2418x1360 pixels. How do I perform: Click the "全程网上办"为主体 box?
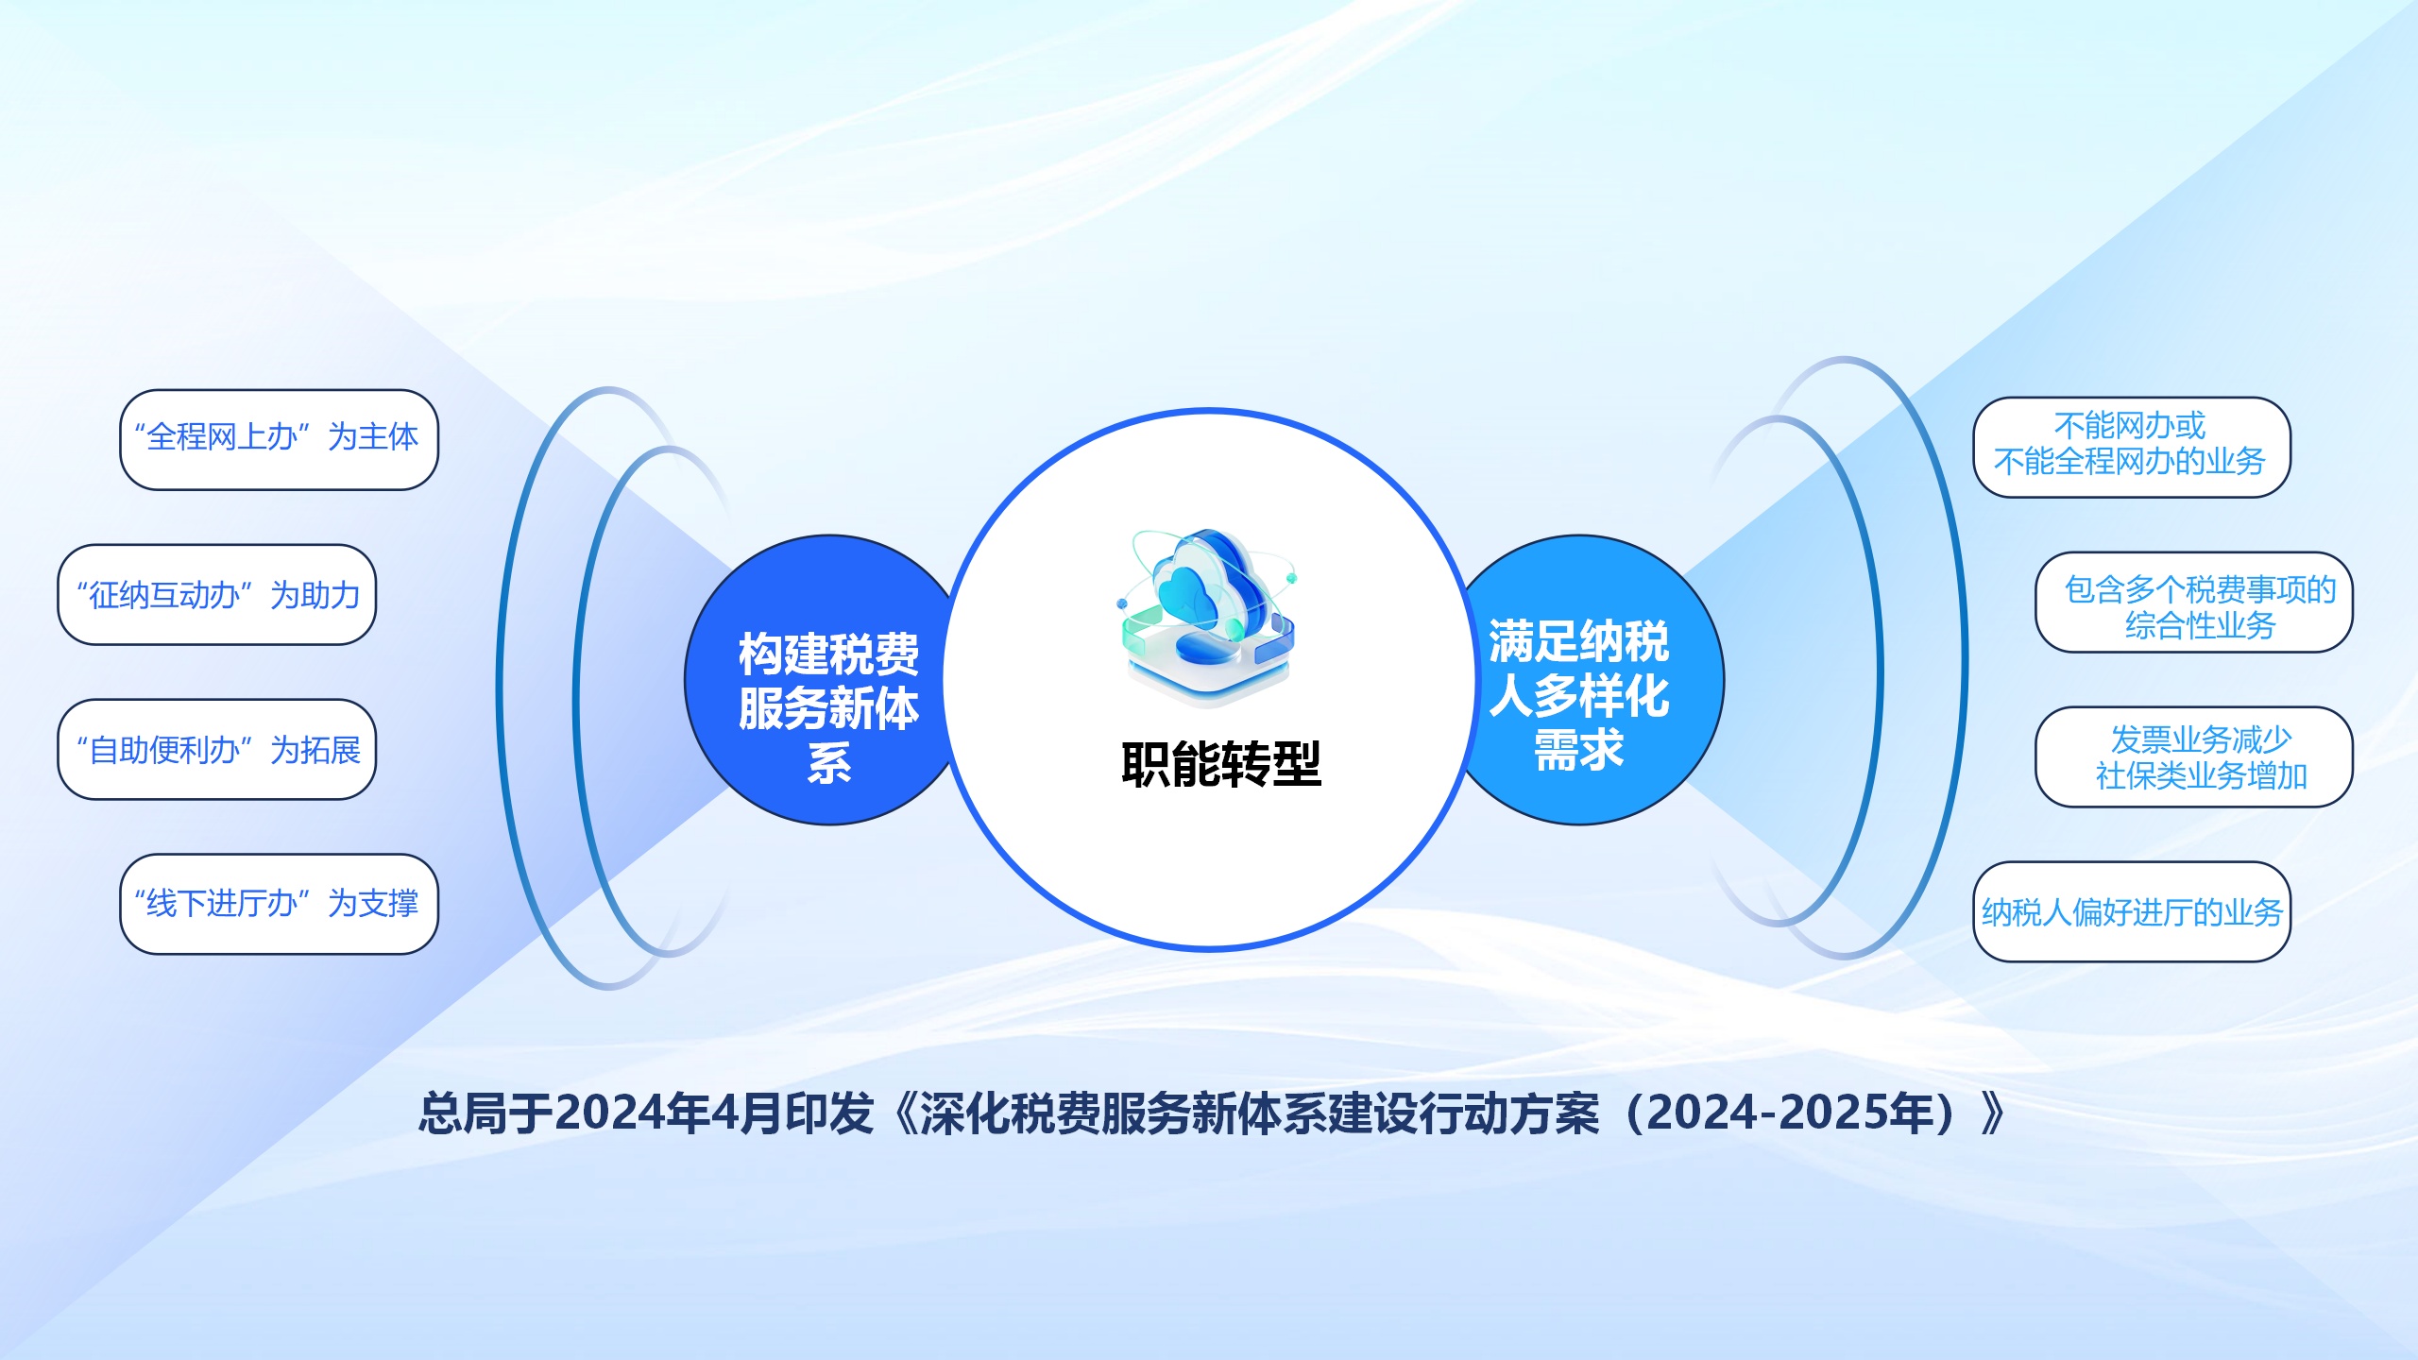(280, 439)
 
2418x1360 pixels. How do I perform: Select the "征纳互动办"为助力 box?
(217, 594)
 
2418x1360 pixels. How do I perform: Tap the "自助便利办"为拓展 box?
(217, 749)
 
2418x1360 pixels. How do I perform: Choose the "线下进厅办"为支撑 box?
(280, 904)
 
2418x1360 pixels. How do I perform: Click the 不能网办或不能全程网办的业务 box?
(2132, 447)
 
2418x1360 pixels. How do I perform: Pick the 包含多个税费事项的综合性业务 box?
(2194, 602)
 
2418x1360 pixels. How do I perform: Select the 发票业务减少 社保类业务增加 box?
(2194, 756)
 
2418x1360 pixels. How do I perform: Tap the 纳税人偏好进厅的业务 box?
(2132, 911)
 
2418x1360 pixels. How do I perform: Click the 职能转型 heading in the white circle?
(1221, 764)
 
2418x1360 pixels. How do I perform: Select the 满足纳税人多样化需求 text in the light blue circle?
(1578, 695)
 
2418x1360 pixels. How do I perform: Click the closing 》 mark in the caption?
(1994, 1113)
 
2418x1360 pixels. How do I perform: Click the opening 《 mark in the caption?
(904, 1113)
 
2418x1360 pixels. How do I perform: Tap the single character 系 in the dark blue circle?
(829, 763)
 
